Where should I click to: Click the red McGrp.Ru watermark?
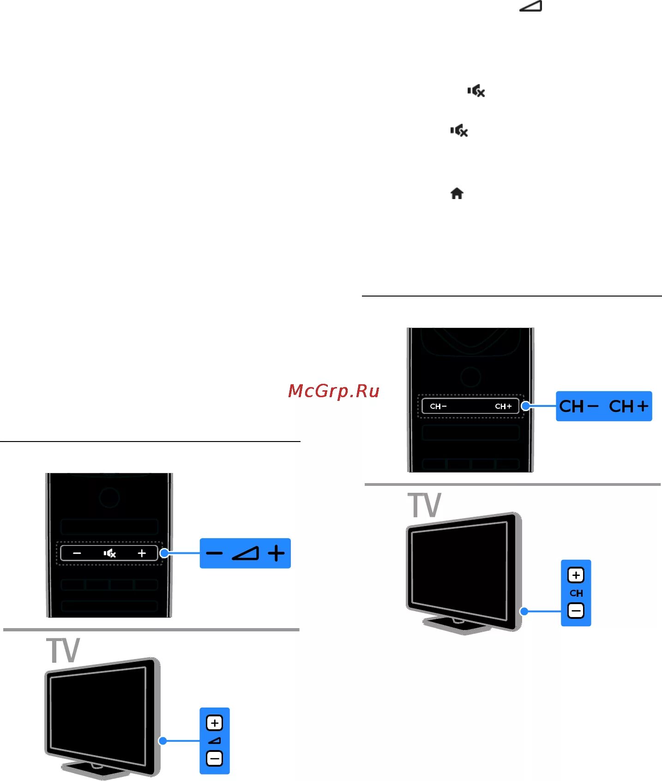[x=333, y=391]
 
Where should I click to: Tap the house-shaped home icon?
[x=457, y=194]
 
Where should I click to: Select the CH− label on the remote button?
[x=438, y=406]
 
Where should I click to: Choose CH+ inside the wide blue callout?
[x=628, y=406]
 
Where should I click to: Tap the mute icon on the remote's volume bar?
[x=109, y=553]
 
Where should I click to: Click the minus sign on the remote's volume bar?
[x=77, y=553]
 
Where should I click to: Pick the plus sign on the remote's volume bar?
[x=142, y=553]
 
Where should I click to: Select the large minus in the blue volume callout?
[x=215, y=553]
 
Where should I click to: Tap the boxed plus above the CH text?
[x=576, y=575]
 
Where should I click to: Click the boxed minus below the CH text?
[x=576, y=611]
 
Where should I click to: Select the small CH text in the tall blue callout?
[x=576, y=593]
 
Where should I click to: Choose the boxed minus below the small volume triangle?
[x=215, y=758]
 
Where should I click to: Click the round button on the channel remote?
[x=470, y=377]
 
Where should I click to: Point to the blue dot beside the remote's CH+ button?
[x=525, y=406]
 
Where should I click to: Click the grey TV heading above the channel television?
[x=424, y=506]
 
